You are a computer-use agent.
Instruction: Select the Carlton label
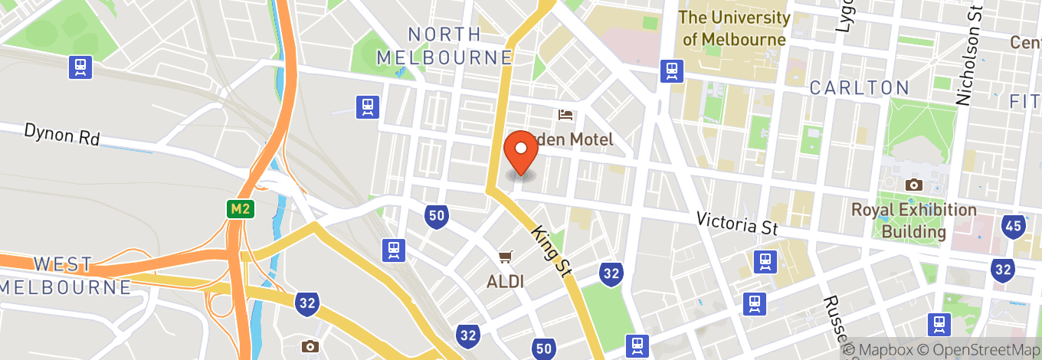pos(860,87)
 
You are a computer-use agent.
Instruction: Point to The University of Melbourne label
pos(734,28)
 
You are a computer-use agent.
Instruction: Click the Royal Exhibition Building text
pos(913,221)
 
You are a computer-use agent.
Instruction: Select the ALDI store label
pos(505,281)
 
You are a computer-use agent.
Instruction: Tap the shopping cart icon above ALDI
pos(505,257)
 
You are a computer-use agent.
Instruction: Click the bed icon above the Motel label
pos(566,116)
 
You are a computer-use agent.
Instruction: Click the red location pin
pos(522,151)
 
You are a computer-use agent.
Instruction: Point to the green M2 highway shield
pos(240,208)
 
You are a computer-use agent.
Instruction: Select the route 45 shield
pos(1014,225)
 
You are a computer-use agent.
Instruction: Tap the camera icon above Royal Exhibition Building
pos(913,185)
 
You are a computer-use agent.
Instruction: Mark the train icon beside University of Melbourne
pos(673,70)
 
